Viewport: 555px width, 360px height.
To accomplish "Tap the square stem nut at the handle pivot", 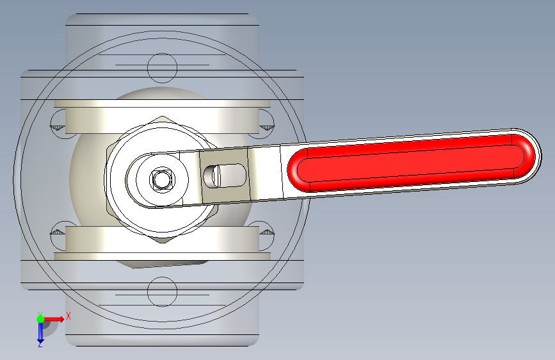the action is click(162, 179).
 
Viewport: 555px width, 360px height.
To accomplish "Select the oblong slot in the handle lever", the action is click(225, 176).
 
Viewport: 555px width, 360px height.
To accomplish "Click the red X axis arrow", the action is click(54, 319).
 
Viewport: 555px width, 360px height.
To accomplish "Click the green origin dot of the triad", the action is click(40, 319).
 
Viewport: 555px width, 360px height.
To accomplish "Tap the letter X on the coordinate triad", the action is click(68, 316).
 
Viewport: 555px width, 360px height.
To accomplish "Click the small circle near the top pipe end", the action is click(162, 68).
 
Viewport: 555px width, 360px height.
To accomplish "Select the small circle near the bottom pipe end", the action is click(162, 291).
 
